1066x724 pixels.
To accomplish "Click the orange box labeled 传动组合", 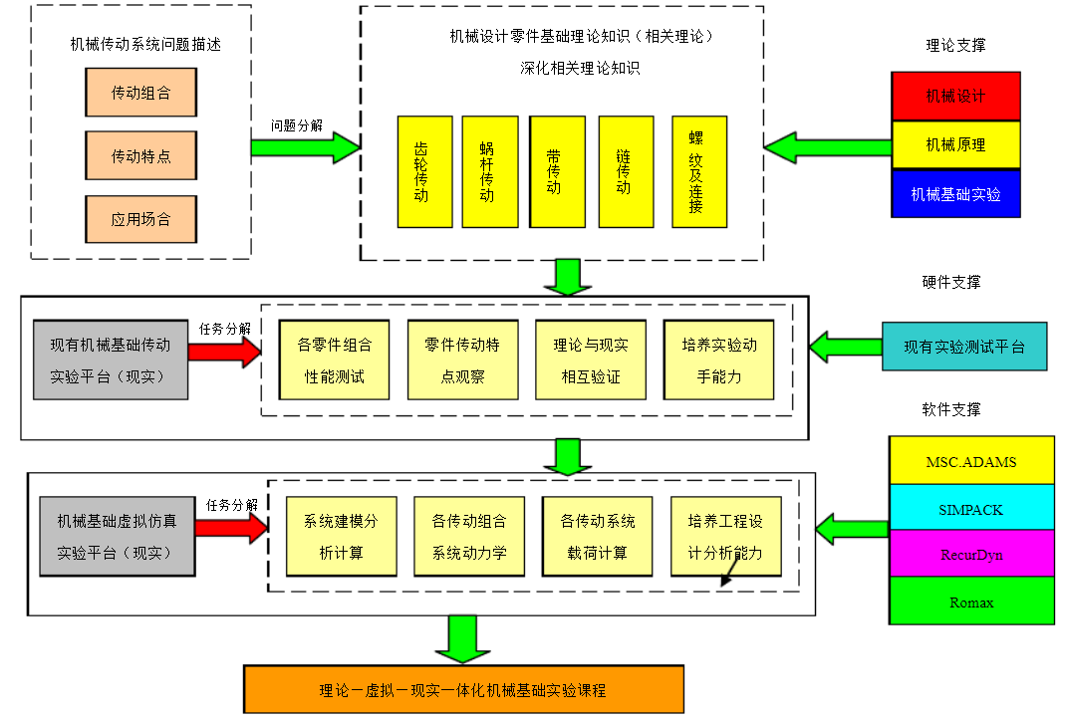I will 140,93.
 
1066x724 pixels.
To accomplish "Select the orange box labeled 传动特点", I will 140,156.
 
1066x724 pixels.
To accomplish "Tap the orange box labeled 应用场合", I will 140,220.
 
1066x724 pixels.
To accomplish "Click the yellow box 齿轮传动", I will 424,171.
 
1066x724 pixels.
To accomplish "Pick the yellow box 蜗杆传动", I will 489,171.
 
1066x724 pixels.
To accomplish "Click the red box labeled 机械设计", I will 955,96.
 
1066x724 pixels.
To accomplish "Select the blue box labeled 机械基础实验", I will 955,193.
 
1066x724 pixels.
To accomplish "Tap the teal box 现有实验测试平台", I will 963,347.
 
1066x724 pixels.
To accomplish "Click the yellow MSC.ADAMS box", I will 970,461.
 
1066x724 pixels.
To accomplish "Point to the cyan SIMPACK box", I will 970,508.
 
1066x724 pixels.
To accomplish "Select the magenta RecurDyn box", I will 970,554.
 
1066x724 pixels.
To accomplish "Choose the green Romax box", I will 970,601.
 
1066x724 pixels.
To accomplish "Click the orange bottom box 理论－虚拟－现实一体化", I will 463,689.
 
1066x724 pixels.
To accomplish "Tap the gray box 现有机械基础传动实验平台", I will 110,360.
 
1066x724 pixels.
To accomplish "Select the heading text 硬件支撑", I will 950,282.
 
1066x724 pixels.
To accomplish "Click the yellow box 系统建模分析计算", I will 341,537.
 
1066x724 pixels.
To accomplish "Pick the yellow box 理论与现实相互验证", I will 591,360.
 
